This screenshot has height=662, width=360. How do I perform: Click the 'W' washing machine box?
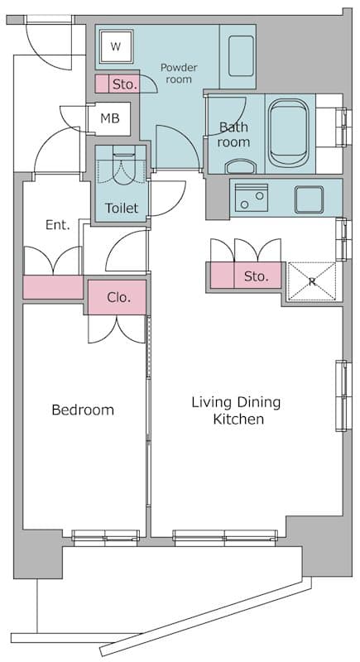point(116,47)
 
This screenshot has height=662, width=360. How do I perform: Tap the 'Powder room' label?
point(178,73)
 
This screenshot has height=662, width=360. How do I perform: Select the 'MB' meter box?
point(110,118)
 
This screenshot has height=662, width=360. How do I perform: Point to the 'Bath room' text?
point(233,135)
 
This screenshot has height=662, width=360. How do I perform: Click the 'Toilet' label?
point(122,208)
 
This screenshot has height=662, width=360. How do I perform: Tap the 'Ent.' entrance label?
point(57,224)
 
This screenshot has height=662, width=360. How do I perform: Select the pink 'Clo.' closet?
point(118,297)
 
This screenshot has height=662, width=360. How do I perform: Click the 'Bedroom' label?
point(83,410)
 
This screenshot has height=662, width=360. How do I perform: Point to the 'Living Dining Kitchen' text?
point(237,410)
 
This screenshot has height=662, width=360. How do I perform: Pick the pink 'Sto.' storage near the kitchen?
point(245,276)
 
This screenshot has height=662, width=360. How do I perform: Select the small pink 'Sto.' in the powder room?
point(117,84)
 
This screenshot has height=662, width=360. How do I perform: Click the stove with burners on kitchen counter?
point(251,197)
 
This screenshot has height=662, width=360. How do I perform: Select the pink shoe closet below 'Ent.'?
point(53,287)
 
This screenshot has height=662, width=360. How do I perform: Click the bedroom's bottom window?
point(105,537)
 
